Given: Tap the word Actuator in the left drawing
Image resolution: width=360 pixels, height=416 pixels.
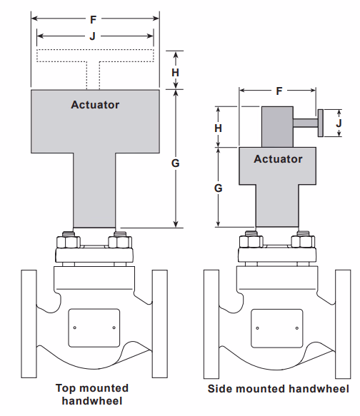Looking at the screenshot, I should (95, 105).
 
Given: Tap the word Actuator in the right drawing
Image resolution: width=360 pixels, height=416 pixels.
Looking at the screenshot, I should (278, 159).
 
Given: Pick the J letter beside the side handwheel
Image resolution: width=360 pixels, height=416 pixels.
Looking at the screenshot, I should (339, 123).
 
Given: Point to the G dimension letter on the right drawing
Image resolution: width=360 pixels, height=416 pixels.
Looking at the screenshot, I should (219, 188).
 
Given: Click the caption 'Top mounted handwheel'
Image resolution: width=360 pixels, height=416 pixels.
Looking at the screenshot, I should (93, 394).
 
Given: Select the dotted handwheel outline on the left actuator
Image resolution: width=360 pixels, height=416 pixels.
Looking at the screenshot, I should (95, 56).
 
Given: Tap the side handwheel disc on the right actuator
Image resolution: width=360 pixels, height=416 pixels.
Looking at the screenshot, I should (321, 123).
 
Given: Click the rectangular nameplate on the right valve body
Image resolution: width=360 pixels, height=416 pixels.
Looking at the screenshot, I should (278, 328).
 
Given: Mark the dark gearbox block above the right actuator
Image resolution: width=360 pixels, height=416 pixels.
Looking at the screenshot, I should (277, 126).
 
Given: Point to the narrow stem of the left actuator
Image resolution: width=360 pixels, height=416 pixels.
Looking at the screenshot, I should (95, 193).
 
